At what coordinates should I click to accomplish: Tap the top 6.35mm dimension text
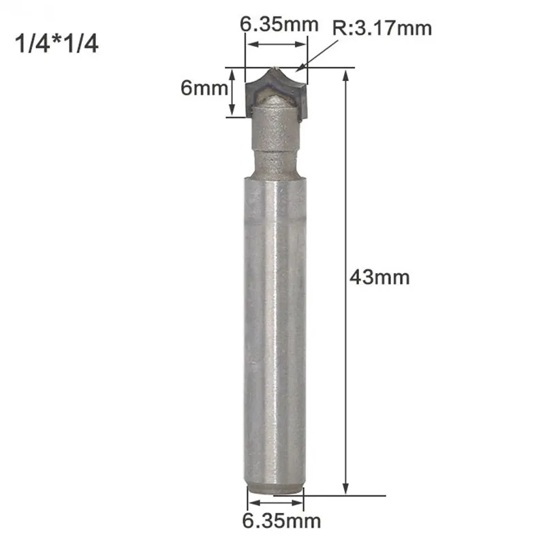point(279,25)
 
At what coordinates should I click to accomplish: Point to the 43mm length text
point(381,278)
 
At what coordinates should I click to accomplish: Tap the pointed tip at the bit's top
point(273,67)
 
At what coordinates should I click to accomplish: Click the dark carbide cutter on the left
point(253,89)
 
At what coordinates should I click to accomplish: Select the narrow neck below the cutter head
point(276,163)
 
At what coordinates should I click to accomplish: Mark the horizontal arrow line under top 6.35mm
point(277,45)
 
